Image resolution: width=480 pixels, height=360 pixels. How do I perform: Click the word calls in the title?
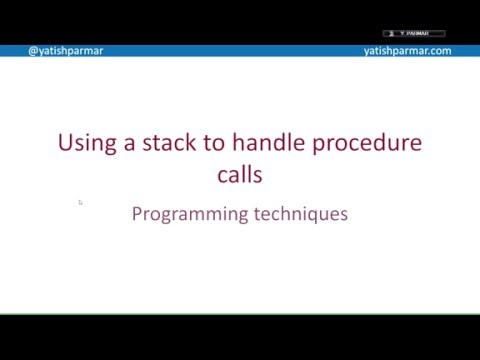tap(240, 174)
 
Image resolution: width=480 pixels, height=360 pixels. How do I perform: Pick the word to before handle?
tap(213, 143)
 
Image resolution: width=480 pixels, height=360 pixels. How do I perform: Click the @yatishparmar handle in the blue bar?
tap(65, 51)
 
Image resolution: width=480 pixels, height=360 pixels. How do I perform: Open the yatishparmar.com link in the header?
tap(407, 51)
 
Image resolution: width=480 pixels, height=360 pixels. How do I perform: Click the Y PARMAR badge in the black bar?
tap(413, 33)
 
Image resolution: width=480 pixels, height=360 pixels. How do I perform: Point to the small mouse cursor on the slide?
tap(80, 202)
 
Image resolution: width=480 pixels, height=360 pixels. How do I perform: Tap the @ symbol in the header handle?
tap(33, 51)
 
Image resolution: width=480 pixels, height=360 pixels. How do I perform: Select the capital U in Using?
tap(66, 143)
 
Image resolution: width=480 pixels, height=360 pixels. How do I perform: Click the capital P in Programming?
tap(137, 213)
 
